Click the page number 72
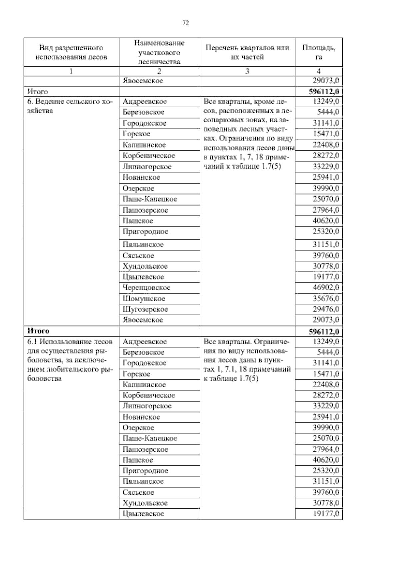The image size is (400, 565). pos(186,23)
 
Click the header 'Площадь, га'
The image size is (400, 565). pos(318,52)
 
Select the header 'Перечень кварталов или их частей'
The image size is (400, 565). pos(247,52)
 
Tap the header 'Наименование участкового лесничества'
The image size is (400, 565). pos(159,52)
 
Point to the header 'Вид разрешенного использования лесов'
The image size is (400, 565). pos(71,52)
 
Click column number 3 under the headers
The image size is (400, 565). pos(247,71)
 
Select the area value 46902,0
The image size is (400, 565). pos(325,287)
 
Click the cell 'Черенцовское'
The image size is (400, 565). pos(146,287)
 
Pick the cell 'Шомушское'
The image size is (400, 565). pos(144,298)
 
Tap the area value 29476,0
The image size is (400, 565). pos(325,309)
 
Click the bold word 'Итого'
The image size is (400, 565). pos(38,331)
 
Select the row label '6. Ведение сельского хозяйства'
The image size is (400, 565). pos(69,106)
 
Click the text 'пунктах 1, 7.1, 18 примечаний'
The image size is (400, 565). pos(247,369)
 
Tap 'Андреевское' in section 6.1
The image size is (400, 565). pos(144,341)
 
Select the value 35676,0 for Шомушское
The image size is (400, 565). pos(325,298)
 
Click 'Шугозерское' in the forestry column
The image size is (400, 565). pos(145,309)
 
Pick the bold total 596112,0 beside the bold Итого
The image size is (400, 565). pos(324,332)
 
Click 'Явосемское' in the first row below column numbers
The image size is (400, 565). pos(143,81)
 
